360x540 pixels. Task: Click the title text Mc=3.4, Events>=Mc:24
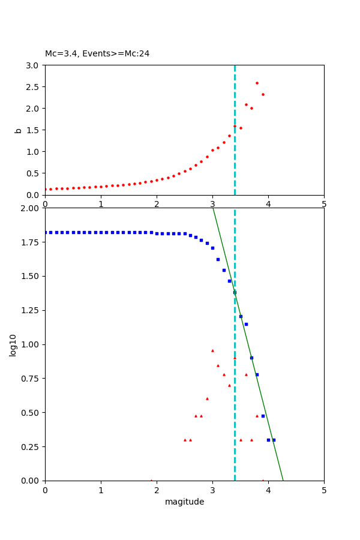click(x=97, y=53)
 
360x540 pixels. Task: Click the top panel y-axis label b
click(x=19, y=130)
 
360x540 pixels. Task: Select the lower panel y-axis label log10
click(x=13, y=344)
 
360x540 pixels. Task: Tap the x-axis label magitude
click(x=184, y=502)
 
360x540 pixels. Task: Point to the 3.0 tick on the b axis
click(x=33, y=65)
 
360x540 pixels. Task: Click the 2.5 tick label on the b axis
click(x=33, y=86)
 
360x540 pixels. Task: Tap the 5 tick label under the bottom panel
click(x=324, y=490)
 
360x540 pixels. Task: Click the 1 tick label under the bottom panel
click(x=101, y=490)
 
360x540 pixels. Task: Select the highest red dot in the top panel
click(x=257, y=83)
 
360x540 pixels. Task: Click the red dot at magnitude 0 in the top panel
click(x=45, y=190)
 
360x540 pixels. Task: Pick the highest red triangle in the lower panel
click(x=212, y=350)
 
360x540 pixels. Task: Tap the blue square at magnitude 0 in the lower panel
click(x=45, y=232)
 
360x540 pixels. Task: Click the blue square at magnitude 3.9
click(x=263, y=416)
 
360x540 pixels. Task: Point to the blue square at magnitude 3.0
click(x=212, y=248)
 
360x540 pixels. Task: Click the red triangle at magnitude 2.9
click(x=207, y=398)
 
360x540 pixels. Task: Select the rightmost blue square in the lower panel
click(x=274, y=440)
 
